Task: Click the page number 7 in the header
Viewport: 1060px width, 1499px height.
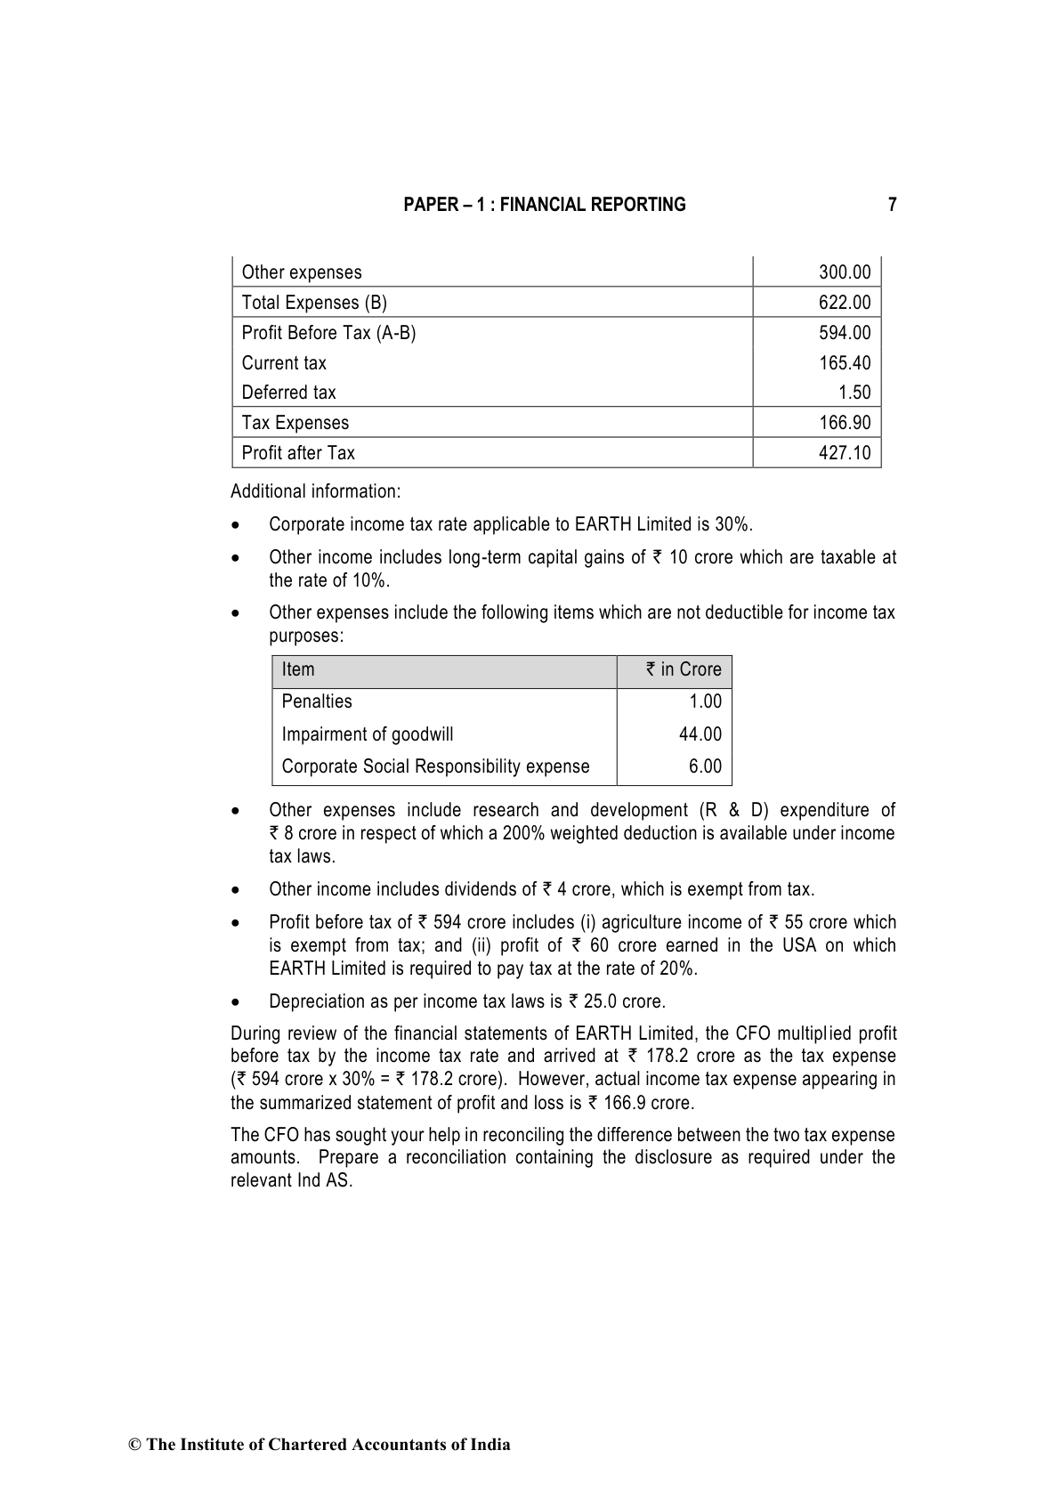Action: (892, 205)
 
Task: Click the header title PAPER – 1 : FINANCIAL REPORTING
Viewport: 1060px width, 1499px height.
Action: (545, 205)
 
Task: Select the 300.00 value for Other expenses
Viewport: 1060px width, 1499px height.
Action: (844, 272)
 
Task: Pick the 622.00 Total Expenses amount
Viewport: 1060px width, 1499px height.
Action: (844, 303)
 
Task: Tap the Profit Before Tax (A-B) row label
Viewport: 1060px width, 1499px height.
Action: (328, 333)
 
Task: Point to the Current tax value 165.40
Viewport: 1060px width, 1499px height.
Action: (844, 363)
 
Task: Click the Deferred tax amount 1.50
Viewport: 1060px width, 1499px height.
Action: (854, 393)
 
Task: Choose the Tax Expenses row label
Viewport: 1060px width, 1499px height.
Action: (295, 423)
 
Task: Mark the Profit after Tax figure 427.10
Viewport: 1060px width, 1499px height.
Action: (844, 453)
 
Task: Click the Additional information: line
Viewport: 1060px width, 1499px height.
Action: (316, 491)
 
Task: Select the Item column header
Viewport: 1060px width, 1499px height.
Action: (298, 670)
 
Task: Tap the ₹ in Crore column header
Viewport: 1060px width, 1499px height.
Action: (684, 670)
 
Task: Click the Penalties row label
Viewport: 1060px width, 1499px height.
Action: (317, 701)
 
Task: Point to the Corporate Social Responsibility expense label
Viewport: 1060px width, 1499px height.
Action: (435, 766)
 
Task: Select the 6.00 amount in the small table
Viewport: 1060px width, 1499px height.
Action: (705, 766)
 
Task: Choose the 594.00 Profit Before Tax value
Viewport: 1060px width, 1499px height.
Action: (844, 333)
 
